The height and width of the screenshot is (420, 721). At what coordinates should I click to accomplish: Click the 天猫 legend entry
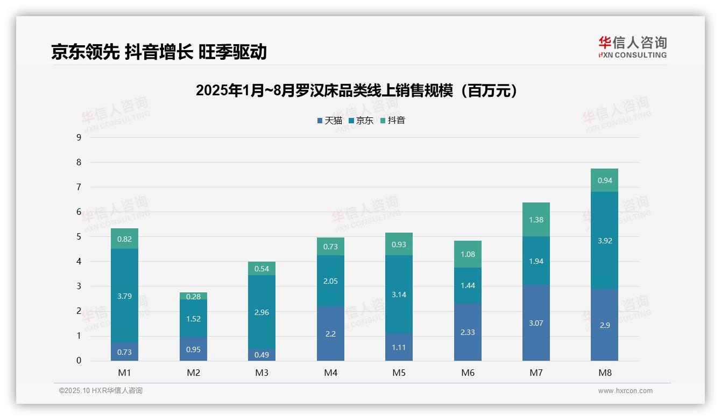point(330,121)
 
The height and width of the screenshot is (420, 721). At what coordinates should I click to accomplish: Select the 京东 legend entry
point(361,121)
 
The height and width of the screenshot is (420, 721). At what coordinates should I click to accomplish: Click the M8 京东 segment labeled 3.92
point(604,240)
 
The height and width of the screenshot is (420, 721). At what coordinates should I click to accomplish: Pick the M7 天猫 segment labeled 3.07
point(536,323)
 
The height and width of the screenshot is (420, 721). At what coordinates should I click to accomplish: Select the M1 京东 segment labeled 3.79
point(124,296)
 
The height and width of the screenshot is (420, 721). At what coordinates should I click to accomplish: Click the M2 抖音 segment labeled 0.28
point(193,296)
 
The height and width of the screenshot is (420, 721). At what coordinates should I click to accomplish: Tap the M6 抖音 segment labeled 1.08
point(468,254)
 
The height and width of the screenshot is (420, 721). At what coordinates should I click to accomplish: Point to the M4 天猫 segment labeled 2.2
point(330,333)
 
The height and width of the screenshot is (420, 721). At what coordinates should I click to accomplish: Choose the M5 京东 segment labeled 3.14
point(399,295)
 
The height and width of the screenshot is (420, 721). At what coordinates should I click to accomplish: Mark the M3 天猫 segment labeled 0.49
point(261,355)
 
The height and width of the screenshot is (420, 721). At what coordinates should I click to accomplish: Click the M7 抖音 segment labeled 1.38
point(536,220)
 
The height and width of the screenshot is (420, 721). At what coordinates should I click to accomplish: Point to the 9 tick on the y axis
point(79,137)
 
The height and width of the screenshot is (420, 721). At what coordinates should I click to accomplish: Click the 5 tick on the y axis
point(79,237)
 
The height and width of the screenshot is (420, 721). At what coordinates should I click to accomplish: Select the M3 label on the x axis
point(261,373)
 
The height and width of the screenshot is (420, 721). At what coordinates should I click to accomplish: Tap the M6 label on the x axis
point(468,373)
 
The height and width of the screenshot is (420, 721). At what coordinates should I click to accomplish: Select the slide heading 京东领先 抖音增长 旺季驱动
point(159,52)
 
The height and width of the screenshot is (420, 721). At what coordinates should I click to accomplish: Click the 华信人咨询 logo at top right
point(632,47)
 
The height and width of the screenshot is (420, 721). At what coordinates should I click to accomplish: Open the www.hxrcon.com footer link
point(625,391)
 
